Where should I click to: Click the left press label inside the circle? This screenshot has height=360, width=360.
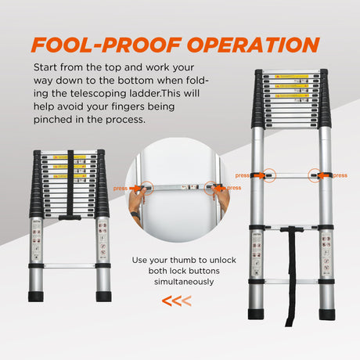tap(120, 188)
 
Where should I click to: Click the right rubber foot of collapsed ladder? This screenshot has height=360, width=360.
tap(103, 296)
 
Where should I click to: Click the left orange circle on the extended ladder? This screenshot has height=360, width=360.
tap(269, 175)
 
